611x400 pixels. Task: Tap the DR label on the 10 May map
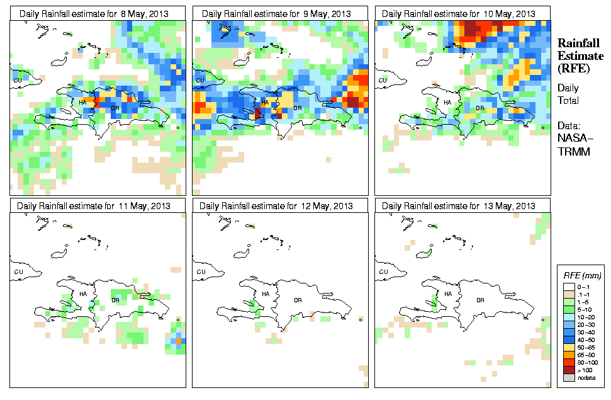click(479, 108)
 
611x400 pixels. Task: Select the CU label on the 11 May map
click(18, 271)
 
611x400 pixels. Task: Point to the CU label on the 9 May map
click(200, 80)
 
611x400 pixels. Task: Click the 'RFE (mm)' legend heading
click(582, 276)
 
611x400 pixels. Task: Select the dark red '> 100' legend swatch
click(568, 369)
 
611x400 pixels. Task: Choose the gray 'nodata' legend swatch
click(568, 377)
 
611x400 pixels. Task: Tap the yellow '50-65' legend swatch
click(568, 346)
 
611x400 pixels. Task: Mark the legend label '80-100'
click(587, 362)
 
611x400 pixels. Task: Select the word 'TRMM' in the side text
click(572, 152)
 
